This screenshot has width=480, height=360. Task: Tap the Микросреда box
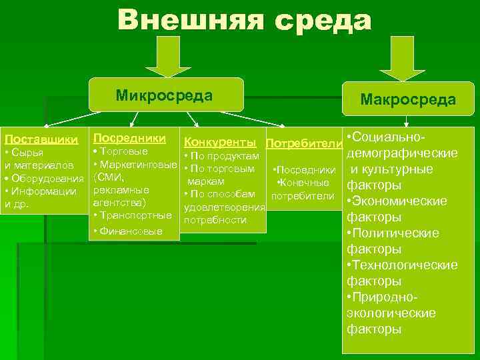[x=163, y=95]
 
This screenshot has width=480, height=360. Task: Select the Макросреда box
[x=408, y=99]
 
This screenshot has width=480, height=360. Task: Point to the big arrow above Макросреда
[x=399, y=63]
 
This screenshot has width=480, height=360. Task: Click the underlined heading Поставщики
[x=41, y=140]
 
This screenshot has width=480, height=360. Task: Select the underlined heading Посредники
[x=129, y=137]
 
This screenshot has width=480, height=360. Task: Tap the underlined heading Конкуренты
[x=219, y=142]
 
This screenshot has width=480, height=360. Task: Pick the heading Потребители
[x=303, y=144]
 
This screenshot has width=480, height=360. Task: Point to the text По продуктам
[x=225, y=156]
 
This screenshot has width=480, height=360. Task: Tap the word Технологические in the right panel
[x=405, y=265]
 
